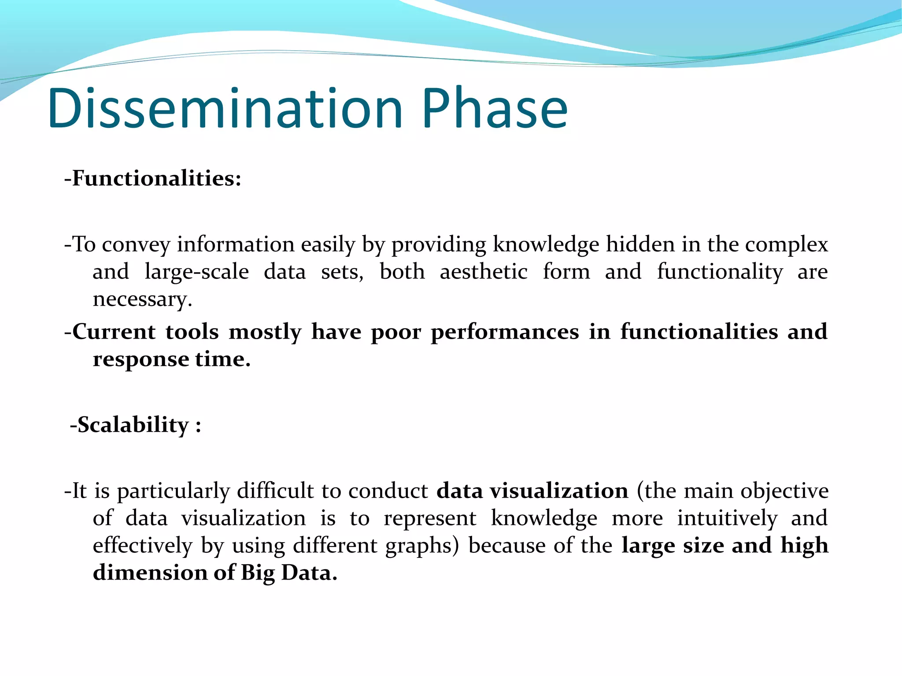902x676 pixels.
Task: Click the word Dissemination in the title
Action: coord(225,108)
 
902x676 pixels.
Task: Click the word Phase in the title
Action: coord(495,108)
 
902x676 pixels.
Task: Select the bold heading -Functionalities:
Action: coord(153,178)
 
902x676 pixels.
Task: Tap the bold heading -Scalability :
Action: coord(136,425)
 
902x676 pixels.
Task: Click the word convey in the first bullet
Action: coord(136,244)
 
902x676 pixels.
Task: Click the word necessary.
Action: coord(142,299)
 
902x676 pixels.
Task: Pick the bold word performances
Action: coord(505,332)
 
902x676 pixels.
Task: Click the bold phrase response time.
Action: coord(171,359)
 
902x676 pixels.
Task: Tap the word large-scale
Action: coord(196,272)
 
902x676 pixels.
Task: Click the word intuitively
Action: coord(727,518)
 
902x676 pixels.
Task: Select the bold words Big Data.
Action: coord(289,573)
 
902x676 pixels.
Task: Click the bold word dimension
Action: coord(150,573)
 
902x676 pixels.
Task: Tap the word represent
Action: coord(430,518)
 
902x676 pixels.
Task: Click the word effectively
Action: coord(143,546)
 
